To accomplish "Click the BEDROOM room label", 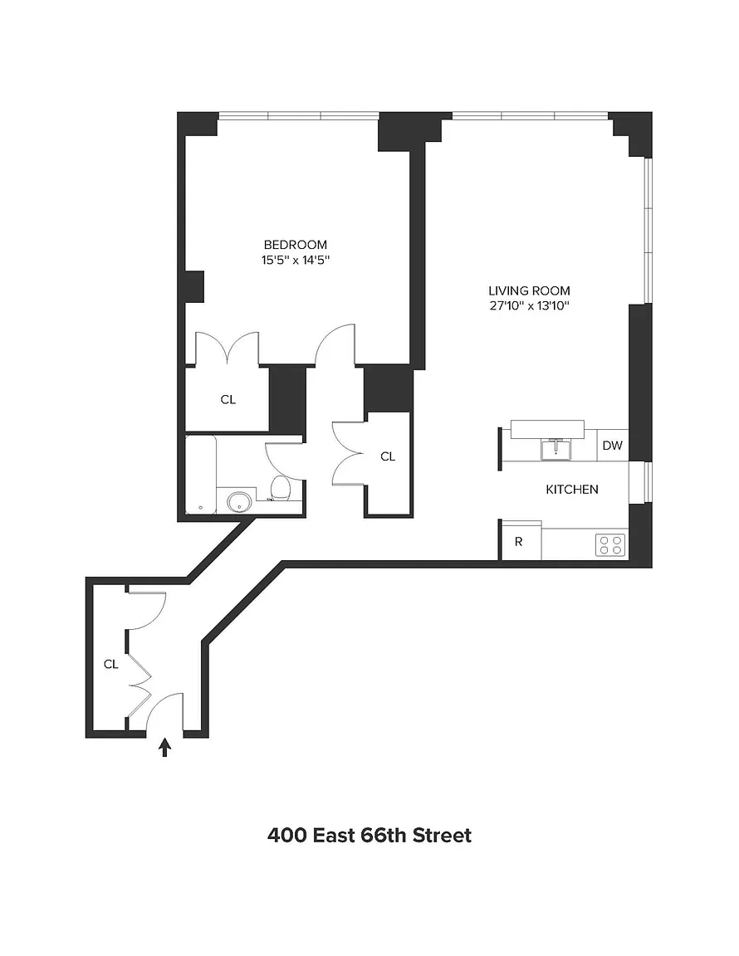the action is tap(296, 245).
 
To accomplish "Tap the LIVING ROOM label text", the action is tap(529, 290).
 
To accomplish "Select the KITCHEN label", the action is tap(572, 489).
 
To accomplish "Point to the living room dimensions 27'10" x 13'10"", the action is tap(529, 306).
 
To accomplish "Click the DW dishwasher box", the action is tap(612, 445).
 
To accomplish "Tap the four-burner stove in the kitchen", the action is tap(610, 544).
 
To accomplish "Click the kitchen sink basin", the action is tap(556, 449).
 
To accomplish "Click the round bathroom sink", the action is tap(239, 502).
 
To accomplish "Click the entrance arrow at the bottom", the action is tap(164, 748).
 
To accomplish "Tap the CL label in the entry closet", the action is tap(110, 664).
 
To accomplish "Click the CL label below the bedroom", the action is tap(228, 399).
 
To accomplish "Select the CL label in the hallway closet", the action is tap(388, 456).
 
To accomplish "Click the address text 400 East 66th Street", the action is tap(369, 835).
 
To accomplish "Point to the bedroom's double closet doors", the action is tap(227, 349).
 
